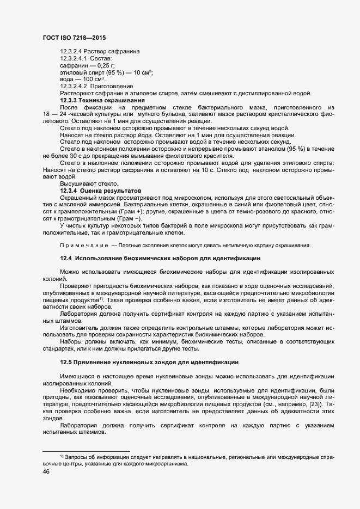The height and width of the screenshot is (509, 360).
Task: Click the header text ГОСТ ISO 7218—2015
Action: [74, 38]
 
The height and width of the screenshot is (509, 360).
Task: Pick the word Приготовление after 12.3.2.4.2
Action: [112, 86]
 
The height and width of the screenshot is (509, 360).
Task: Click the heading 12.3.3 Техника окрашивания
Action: [102, 100]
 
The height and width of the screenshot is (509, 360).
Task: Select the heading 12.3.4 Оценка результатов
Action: [101, 191]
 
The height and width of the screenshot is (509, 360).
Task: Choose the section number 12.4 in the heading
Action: [65, 257]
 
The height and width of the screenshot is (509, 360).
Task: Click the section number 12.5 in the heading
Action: [65, 362]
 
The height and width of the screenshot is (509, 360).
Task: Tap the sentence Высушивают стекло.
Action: [80, 184]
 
